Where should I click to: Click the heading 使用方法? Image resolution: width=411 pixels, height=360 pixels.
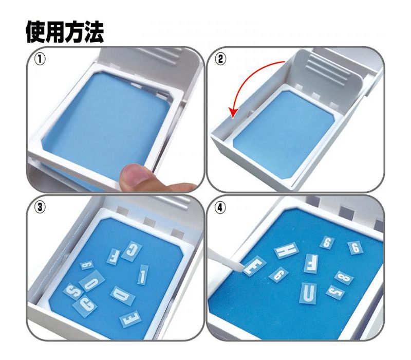pos(65,32)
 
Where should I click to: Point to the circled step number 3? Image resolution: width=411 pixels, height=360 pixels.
pos(39,207)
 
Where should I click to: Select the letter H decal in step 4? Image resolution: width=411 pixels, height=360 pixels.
pos(286,250)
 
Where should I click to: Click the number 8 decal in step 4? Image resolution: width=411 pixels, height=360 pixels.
pos(344,278)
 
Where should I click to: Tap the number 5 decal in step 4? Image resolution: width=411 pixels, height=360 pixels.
pos(335,293)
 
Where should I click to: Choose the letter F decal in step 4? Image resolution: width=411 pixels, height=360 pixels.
pos(310,263)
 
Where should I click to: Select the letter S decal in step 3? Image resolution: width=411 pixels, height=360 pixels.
pos(71,291)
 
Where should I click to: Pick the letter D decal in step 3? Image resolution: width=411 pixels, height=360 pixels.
pos(123,295)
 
